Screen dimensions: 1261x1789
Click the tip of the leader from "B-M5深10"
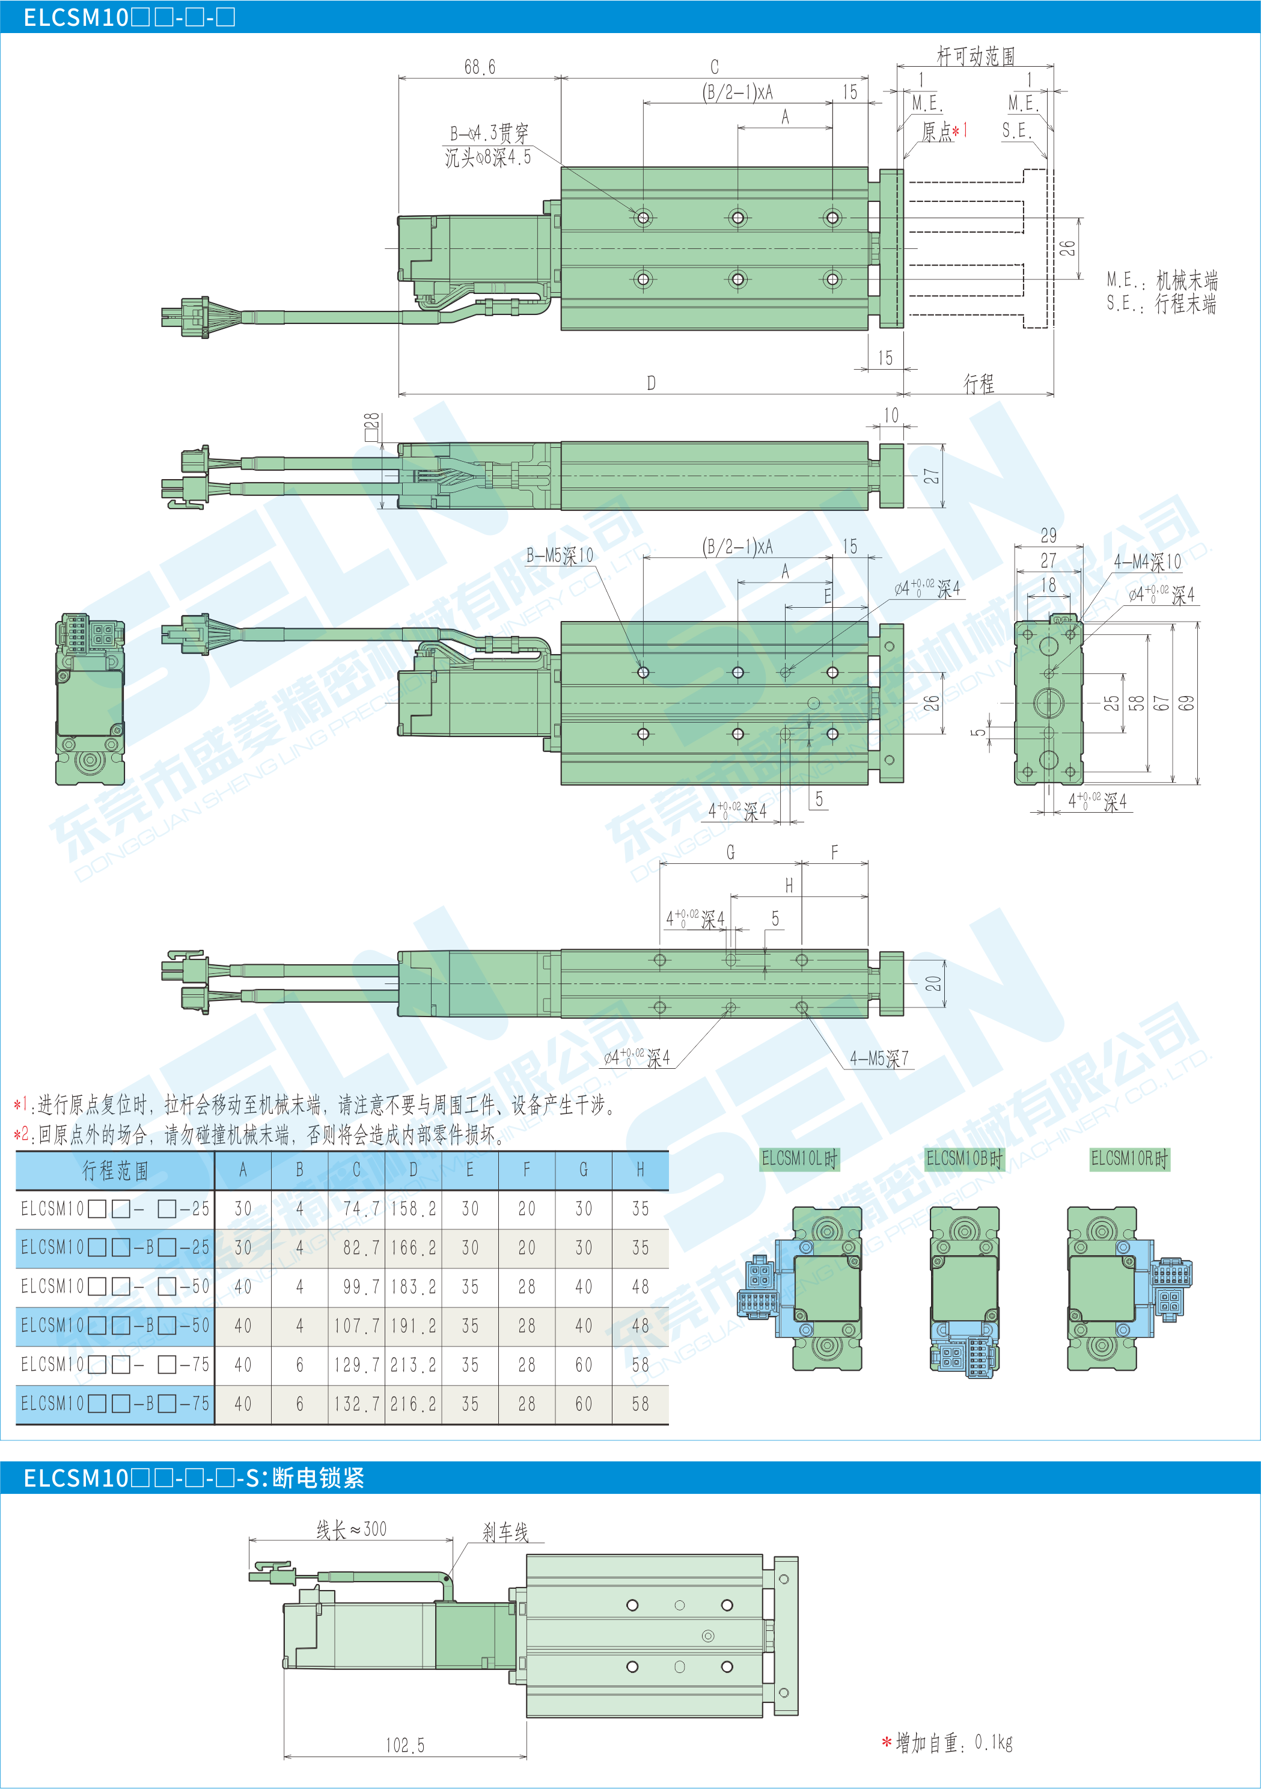643,670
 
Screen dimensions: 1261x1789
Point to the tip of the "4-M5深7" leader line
802,1008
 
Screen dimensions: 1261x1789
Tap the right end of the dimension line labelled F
868,863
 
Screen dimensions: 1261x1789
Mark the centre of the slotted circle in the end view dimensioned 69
1048,703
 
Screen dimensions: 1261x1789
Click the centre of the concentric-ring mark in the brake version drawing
708,1636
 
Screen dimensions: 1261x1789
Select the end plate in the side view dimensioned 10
892,476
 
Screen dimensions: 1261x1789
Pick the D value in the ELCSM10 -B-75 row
413,1404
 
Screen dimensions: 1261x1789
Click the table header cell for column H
640,1170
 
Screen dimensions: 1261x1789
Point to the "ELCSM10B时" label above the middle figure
964,1158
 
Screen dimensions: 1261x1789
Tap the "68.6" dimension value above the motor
480,67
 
